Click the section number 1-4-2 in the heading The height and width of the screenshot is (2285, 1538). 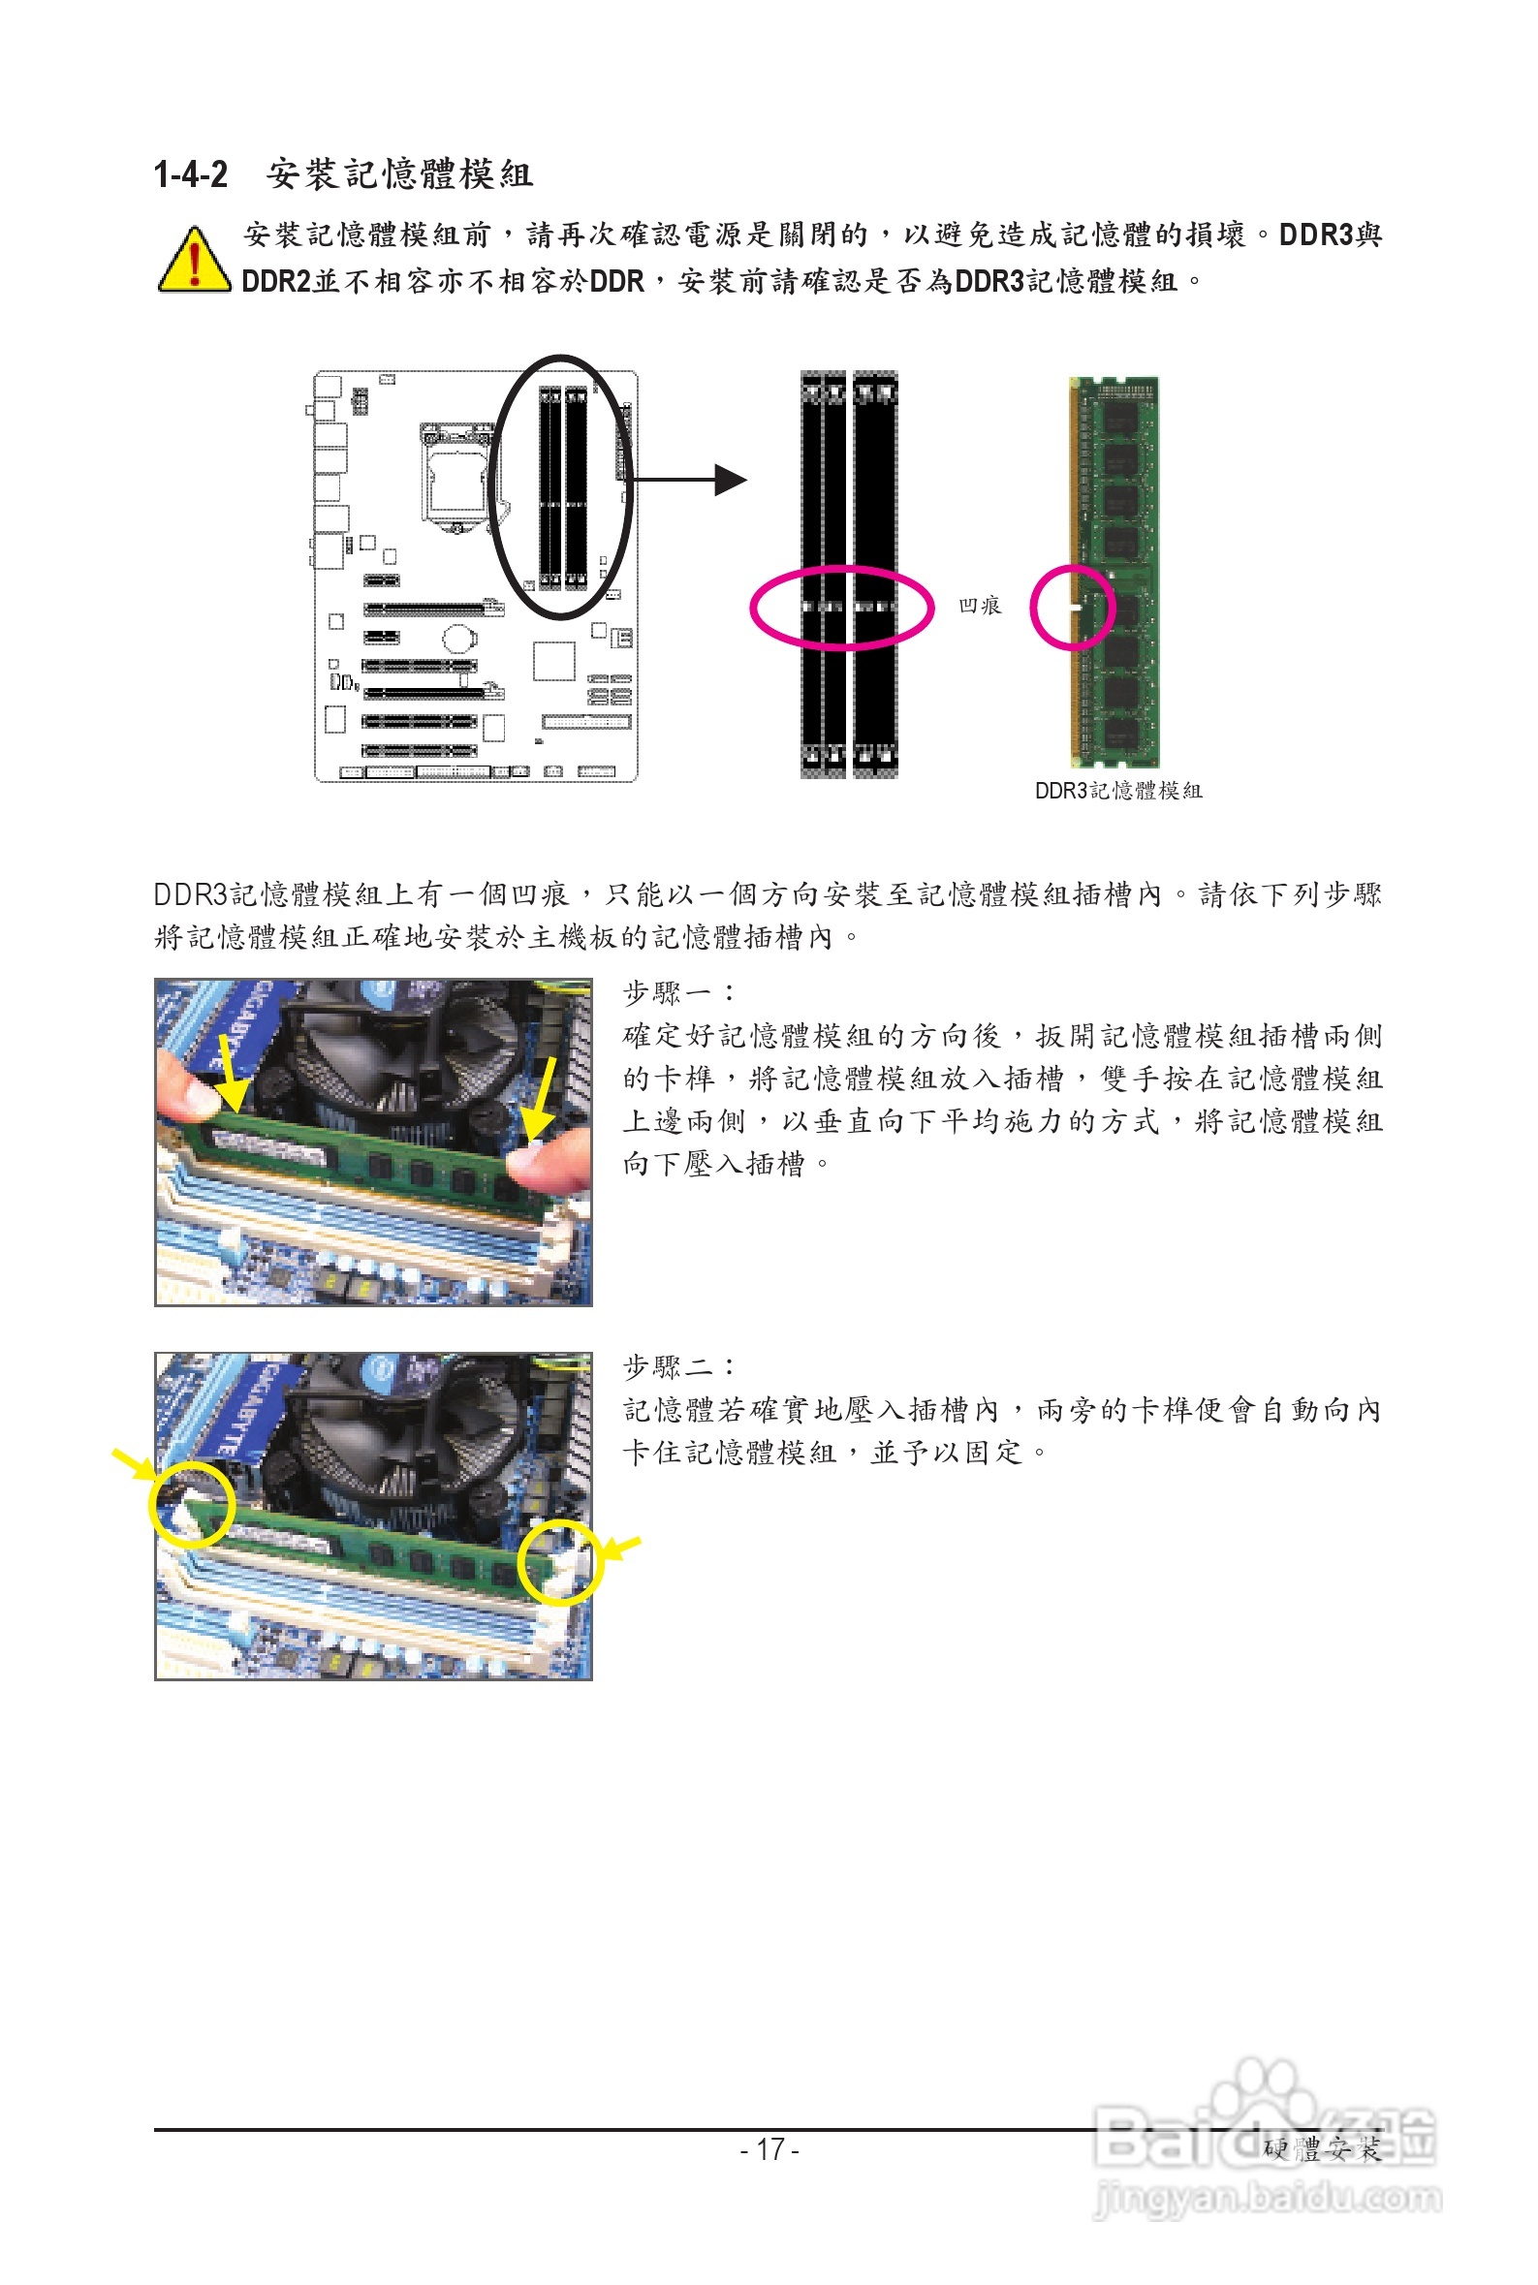tap(190, 174)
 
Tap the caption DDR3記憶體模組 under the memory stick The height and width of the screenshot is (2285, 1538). tap(1118, 791)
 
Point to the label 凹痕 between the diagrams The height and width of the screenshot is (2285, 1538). tap(980, 606)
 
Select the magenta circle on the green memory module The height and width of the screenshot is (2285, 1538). tap(1072, 607)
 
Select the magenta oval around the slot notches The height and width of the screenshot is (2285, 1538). tap(840, 608)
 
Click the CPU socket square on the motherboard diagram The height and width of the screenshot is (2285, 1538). tap(458, 478)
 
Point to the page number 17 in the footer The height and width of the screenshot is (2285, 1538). tap(770, 2148)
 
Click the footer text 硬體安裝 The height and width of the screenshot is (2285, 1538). tap(1321, 2149)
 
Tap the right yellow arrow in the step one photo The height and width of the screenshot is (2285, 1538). tap(542, 1098)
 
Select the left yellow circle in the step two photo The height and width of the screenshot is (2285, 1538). tap(191, 1504)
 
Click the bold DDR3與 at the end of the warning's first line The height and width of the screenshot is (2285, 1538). tap(1330, 235)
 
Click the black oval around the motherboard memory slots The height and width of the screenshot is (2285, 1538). tap(560, 487)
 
